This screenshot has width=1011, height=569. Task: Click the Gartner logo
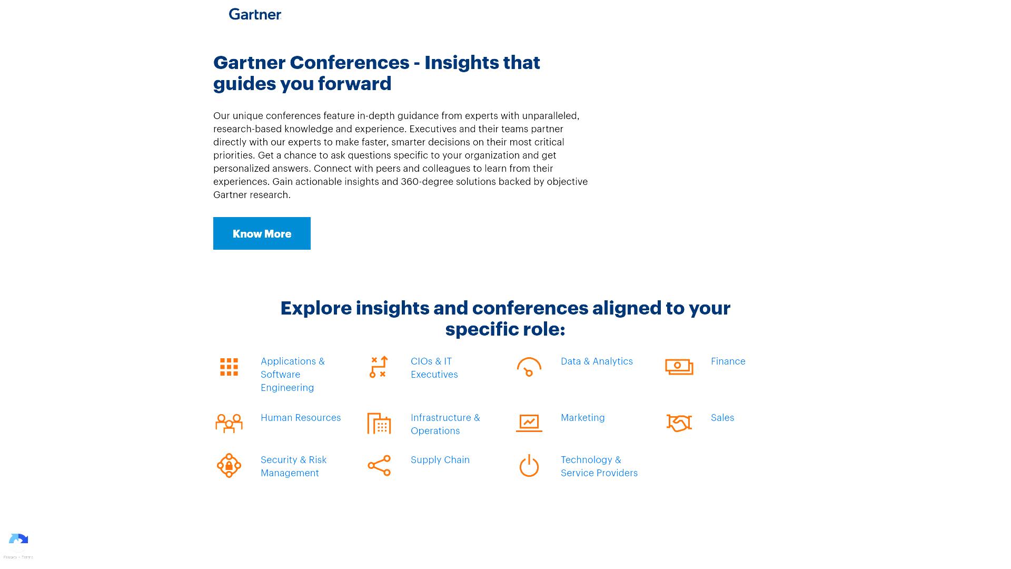pos(255,14)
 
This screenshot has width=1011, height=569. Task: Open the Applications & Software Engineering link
pos(293,374)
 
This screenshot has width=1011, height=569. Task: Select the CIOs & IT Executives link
pos(434,368)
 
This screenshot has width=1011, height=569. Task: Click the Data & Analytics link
pos(597,361)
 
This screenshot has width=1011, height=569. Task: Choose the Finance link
pos(728,361)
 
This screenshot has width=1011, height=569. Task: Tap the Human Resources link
pos(301,418)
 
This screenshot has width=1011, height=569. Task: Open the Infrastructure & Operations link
pos(445,424)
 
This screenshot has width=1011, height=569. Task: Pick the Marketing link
pos(583,418)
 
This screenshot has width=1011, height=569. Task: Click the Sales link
pos(722,418)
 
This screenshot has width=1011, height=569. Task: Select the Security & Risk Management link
pos(294,466)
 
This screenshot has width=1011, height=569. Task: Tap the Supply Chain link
pos(440,460)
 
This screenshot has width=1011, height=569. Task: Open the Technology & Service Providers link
pos(599,466)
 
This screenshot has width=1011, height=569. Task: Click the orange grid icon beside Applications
pos(229,367)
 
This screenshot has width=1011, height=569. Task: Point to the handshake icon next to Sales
pos(679,423)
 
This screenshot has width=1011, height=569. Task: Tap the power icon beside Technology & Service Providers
pos(529,466)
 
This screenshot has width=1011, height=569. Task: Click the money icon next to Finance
pos(679,367)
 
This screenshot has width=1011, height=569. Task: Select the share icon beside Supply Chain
pos(379,466)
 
